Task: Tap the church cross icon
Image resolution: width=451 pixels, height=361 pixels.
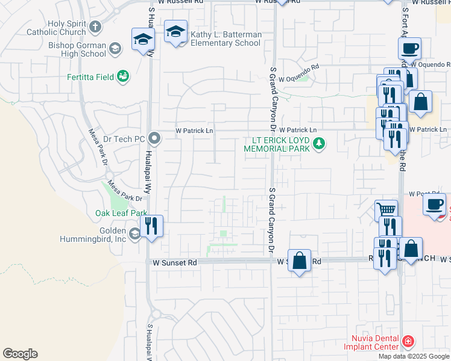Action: tap(95, 27)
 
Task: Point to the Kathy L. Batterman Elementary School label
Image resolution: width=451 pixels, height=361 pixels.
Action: tap(225, 39)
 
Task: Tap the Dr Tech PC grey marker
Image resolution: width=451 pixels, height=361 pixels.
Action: tap(154, 139)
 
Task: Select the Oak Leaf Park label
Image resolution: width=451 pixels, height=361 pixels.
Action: tap(121, 213)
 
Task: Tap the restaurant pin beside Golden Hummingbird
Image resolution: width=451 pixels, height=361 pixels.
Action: tap(151, 226)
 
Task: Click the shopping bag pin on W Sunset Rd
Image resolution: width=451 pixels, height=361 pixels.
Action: tap(300, 261)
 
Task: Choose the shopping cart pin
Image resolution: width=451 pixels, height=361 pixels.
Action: tap(386, 211)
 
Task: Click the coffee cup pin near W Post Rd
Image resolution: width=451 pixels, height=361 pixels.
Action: tap(434, 203)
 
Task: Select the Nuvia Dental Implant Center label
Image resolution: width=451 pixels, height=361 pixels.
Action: tap(371, 342)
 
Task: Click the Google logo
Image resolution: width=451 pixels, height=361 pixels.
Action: tap(20, 354)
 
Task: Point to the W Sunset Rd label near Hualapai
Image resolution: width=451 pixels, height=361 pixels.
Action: tap(174, 263)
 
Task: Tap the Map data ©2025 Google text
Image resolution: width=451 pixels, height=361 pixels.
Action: tap(414, 356)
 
